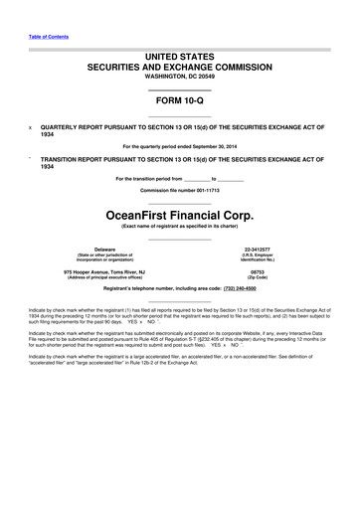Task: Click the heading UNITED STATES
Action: click(x=180, y=59)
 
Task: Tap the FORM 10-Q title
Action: click(x=180, y=102)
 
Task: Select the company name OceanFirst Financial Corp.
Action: click(x=180, y=214)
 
